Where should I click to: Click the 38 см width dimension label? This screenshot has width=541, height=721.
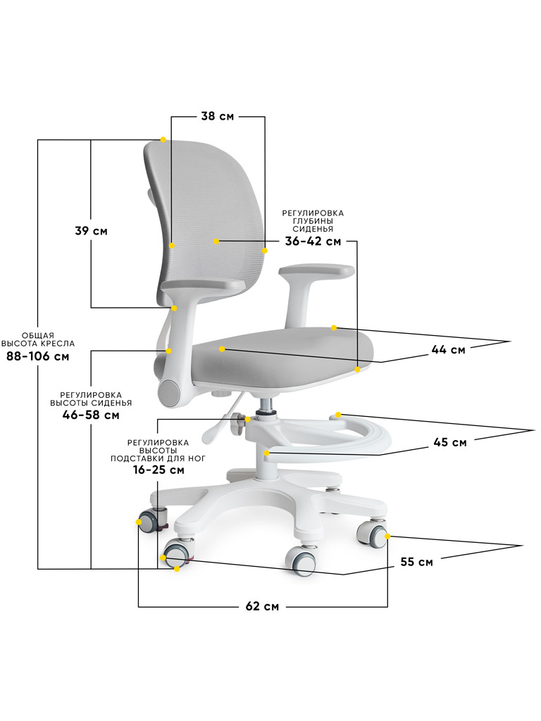[x=217, y=117]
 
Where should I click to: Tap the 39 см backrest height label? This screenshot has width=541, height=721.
[x=91, y=231]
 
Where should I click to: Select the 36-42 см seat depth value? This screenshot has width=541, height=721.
[x=313, y=242]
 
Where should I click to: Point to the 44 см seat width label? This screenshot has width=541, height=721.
[x=448, y=350]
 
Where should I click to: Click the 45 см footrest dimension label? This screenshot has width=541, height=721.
[x=449, y=443]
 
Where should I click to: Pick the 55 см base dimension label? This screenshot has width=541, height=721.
[x=416, y=562]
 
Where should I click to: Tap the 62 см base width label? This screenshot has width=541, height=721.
[x=261, y=607]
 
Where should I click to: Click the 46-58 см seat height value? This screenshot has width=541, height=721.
[x=90, y=415]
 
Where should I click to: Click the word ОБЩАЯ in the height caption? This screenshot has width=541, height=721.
[x=38, y=334]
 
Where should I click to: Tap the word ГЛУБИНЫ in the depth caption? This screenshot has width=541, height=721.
[x=313, y=221]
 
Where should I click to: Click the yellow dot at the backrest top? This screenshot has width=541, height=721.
[x=163, y=139]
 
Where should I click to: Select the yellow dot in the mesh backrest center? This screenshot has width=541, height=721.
[x=217, y=242]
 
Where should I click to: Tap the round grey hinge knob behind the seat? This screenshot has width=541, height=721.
[x=170, y=392]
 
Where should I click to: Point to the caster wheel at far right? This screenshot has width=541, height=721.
[x=371, y=534]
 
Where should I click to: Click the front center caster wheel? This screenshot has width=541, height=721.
[x=301, y=560]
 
